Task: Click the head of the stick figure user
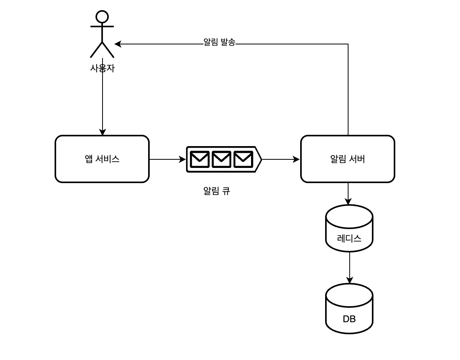102,16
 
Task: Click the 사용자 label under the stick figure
102,69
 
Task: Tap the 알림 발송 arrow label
219,42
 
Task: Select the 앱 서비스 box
102,159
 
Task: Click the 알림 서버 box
348,159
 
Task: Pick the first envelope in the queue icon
200,159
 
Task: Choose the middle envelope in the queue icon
221,159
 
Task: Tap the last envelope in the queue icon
243,159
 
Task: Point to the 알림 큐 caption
217,191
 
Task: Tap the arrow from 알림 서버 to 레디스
348,193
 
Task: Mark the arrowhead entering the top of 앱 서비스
103,132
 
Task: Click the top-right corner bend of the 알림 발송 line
348,44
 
